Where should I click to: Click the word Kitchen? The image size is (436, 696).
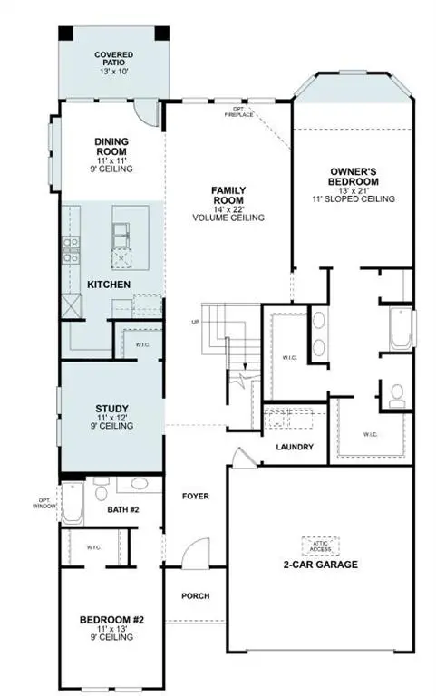click(x=109, y=285)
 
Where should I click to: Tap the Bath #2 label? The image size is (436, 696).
click(x=123, y=510)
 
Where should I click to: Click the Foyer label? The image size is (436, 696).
click(x=196, y=497)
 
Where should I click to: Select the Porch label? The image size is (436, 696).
click(x=196, y=595)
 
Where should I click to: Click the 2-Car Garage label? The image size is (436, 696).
click(x=320, y=565)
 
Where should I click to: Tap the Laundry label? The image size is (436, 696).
click(x=295, y=447)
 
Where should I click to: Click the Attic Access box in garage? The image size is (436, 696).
click(x=320, y=545)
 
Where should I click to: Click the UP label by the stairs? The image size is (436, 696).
click(x=194, y=322)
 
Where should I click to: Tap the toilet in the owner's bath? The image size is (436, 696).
click(x=395, y=394)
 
